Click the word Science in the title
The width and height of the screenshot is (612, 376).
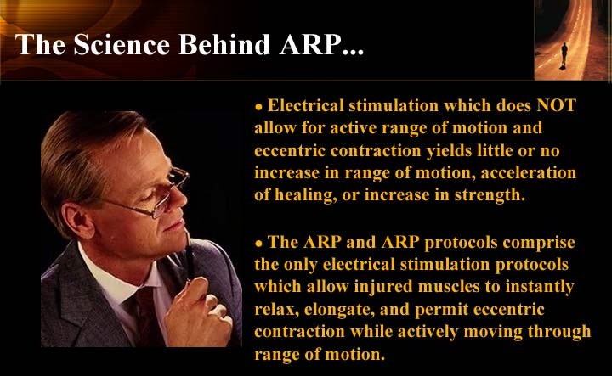pos(122,44)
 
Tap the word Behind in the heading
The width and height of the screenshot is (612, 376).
pos(224,44)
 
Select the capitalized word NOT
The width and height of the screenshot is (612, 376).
pos(556,105)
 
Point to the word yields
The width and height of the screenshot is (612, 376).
pos(449,150)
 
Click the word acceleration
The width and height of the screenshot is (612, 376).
pos(529,172)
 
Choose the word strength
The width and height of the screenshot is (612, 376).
pos(490,195)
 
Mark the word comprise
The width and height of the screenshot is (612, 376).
pos(539,243)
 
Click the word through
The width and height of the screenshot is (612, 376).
pos(559,332)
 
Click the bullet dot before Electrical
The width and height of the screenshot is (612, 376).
pos(258,108)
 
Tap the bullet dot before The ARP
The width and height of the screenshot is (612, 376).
pos(258,244)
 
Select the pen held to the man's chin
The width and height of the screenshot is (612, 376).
pos(190,258)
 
